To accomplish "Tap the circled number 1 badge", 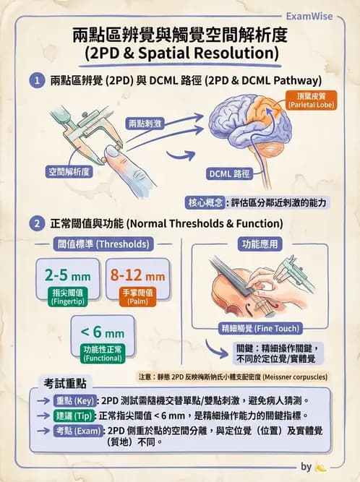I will [35, 81].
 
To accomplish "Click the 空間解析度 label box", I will [68, 172].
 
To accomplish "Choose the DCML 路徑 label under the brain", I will [230, 174].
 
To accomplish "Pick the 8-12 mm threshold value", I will [137, 275].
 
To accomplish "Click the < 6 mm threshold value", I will [102, 333].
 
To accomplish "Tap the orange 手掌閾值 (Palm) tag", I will [137, 297].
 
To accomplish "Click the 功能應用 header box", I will [260, 244].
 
